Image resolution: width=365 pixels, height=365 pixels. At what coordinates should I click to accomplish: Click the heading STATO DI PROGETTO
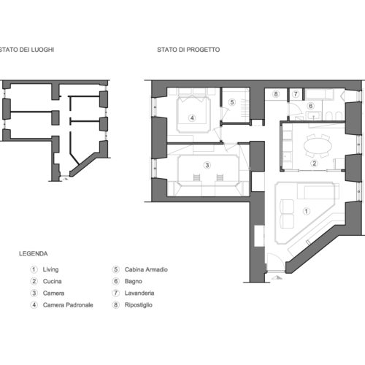click(188, 50)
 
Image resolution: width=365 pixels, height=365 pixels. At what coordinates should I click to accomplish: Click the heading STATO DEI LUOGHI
click(27, 50)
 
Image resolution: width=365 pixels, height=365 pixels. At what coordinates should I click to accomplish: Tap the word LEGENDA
click(34, 253)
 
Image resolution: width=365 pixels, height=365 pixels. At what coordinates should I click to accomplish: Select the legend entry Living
click(50, 269)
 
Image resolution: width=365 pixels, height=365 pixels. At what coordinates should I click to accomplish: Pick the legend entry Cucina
click(52, 281)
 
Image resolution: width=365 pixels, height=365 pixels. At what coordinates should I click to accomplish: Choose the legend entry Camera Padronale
click(68, 305)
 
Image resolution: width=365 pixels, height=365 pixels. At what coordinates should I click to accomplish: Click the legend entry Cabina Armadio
click(146, 269)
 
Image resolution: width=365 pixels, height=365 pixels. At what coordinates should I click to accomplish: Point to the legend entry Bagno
click(134, 281)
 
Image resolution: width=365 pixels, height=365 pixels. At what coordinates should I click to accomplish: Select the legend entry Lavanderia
click(139, 293)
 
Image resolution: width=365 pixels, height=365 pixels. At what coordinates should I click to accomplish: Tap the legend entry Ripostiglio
click(139, 305)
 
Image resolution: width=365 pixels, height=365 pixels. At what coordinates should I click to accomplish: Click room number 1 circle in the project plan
click(306, 211)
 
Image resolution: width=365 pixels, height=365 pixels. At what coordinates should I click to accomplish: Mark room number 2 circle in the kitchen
click(314, 164)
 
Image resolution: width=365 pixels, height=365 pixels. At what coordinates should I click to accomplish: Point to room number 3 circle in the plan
click(207, 165)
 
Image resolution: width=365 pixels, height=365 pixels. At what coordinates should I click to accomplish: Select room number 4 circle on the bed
click(192, 118)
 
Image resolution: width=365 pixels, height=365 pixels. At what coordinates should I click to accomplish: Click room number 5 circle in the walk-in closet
click(232, 102)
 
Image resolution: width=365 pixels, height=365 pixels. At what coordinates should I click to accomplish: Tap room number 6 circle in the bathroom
click(311, 106)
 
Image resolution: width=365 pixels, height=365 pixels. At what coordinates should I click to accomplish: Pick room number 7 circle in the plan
click(296, 94)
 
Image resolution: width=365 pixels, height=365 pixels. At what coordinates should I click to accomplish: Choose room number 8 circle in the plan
click(276, 94)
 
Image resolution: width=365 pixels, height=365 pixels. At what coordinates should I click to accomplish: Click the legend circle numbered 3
click(34, 293)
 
